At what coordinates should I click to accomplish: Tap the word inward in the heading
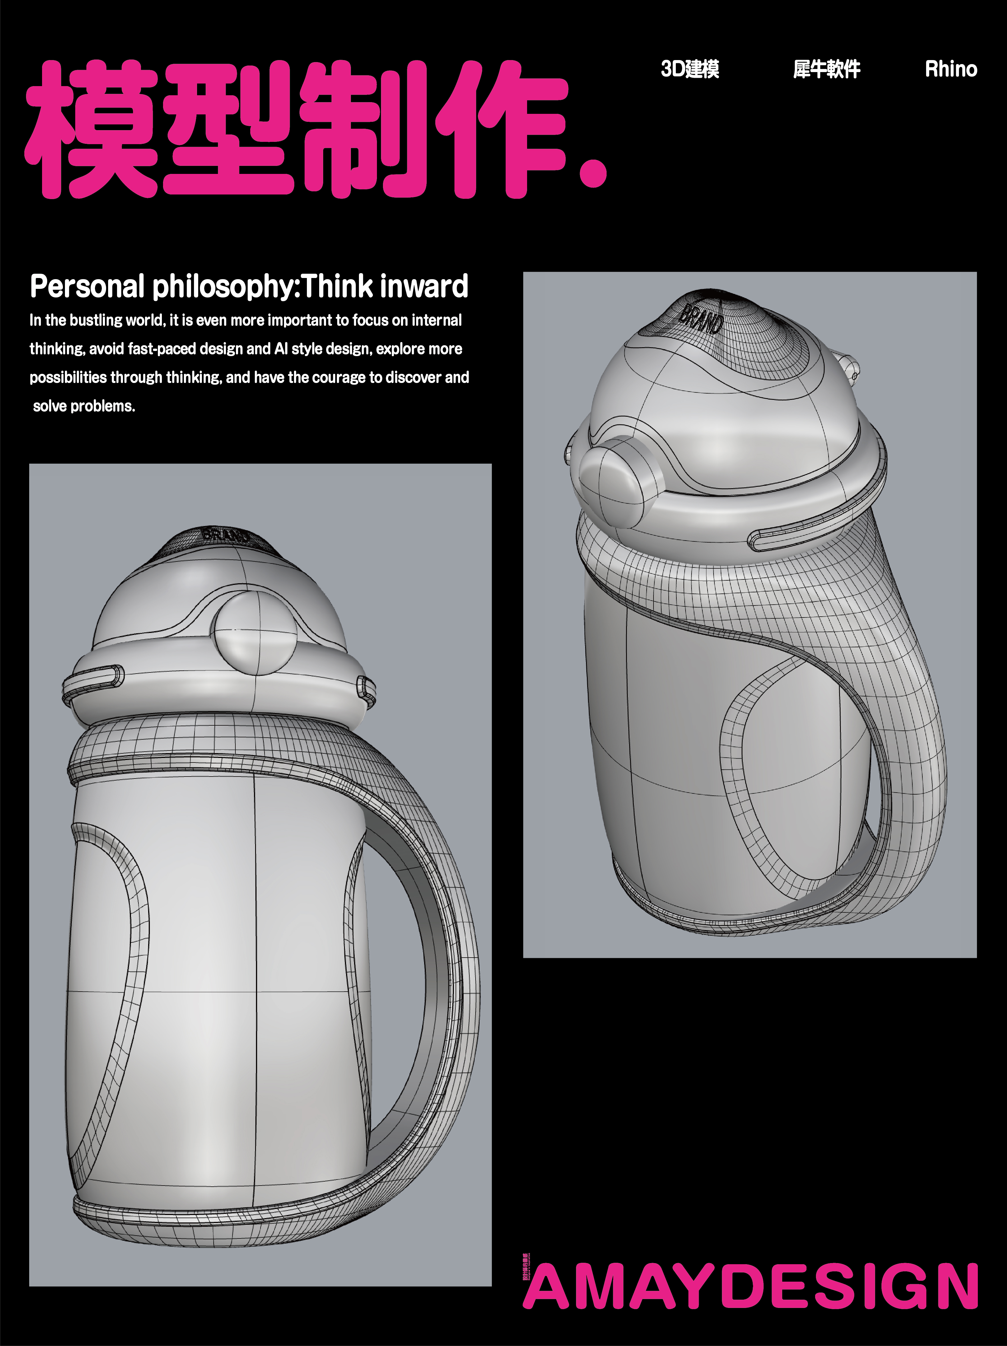coord(424,287)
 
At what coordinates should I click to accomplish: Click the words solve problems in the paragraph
coord(84,406)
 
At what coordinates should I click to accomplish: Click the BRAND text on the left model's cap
coord(225,535)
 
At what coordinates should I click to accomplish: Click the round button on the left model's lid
coord(254,633)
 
